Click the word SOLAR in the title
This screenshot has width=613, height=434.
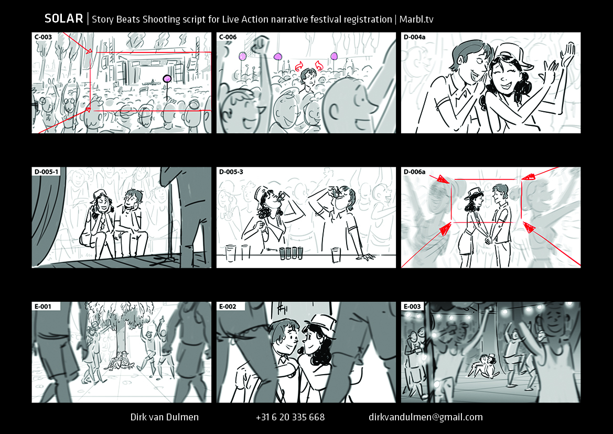point(64,18)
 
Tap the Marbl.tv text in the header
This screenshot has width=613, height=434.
point(416,19)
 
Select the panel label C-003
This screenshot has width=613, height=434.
point(43,37)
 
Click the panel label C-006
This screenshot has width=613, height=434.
point(228,37)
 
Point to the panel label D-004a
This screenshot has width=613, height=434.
point(414,37)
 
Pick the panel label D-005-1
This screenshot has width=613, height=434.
point(46,172)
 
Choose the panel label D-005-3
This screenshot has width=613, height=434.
point(231,172)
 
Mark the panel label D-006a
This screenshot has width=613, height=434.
point(414,172)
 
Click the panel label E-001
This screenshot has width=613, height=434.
point(42,306)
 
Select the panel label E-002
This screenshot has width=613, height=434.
point(228,306)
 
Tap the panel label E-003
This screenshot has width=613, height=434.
point(412,306)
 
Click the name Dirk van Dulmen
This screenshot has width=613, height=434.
point(165,417)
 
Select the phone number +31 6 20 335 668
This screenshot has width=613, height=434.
point(290,417)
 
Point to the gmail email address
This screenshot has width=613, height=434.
point(426,418)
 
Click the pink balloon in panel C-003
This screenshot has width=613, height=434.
point(167,79)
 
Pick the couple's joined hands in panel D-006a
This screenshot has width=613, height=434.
point(488,239)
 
